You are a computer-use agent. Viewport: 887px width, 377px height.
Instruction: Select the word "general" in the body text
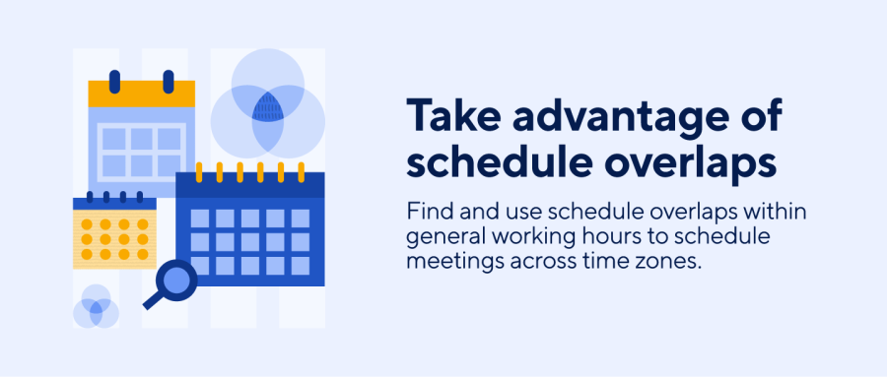click(x=441, y=239)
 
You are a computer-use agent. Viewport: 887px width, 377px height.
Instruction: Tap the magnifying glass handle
click(x=154, y=300)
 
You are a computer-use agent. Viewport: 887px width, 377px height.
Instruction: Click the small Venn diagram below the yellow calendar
click(x=96, y=307)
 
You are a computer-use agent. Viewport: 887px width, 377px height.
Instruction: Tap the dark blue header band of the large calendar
click(x=249, y=185)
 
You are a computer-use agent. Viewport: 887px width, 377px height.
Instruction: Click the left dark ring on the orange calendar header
click(x=114, y=81)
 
